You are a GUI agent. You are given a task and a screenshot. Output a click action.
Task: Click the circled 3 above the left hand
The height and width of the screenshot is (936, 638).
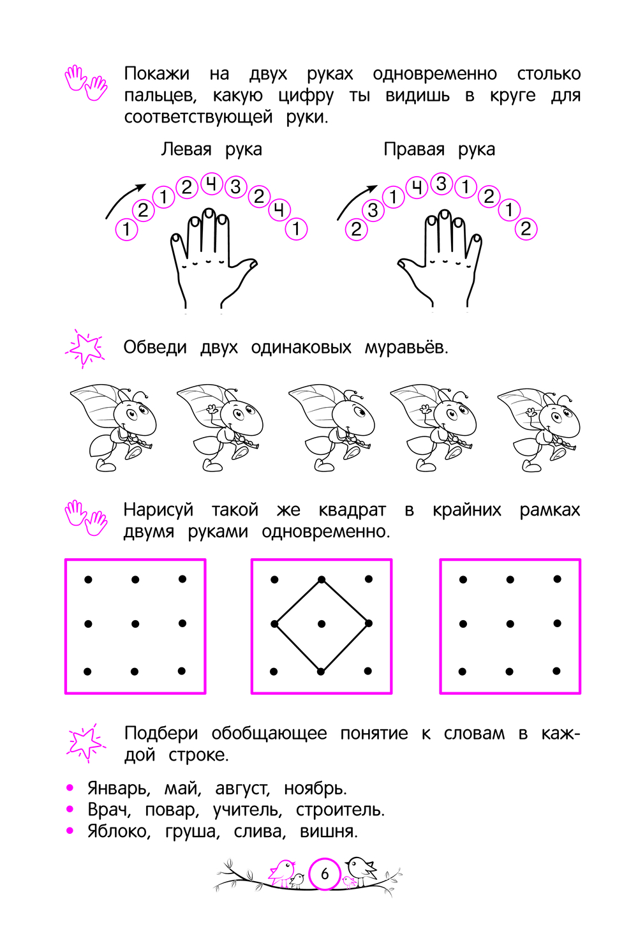pyautogui.click(x=235, y=187)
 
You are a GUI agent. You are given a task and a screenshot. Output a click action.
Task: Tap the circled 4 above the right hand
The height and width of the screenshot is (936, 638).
pyautogui.click(x=416, y=187)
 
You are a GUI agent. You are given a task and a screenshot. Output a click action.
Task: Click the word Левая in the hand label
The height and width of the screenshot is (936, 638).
pyautogui.click(x=186, y=149)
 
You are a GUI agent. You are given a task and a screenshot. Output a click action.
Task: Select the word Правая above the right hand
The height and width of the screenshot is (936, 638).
pyautogui.click(x=414, y=149)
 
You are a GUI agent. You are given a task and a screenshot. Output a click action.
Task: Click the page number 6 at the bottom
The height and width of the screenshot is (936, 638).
pyautogui.click(x=325, y=873)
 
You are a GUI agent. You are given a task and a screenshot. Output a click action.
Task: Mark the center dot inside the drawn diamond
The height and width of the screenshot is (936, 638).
pyautogui.click(x=322, y=624)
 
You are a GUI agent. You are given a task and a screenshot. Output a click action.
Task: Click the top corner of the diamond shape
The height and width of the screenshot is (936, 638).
pyautogui.click(x=322, y=579)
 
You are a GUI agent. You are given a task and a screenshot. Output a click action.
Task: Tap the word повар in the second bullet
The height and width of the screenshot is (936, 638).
pyautogui.click(x=172, y=810)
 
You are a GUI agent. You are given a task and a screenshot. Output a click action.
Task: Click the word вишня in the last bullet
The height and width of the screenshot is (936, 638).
pyautogui.click(x=329, y=831)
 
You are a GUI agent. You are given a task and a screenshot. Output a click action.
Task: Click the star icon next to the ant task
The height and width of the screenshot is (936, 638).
pyautogui.click(x=85, y=348)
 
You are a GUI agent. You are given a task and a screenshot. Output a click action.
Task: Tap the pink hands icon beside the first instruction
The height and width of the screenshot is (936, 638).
pyautogui.click(x=86, y=82)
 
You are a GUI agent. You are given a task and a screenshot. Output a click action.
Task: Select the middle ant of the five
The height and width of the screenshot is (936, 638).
pyautogui.click(x=332, y=428)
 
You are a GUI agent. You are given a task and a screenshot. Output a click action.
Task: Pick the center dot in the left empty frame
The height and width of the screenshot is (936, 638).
pyautogui.click(x=135, y=624)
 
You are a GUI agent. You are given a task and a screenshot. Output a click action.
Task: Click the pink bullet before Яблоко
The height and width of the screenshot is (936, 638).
pyautogui.click(x=70, y=831)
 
